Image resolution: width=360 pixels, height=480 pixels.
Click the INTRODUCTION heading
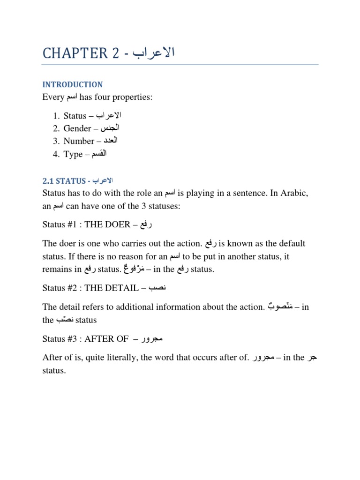pos(72,85)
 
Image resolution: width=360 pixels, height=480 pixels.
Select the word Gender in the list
pos(77,128)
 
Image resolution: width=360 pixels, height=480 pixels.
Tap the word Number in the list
pos(79,141)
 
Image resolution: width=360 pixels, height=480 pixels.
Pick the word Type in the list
pos(73,154)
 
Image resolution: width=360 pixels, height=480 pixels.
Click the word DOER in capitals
pos(116,225)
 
